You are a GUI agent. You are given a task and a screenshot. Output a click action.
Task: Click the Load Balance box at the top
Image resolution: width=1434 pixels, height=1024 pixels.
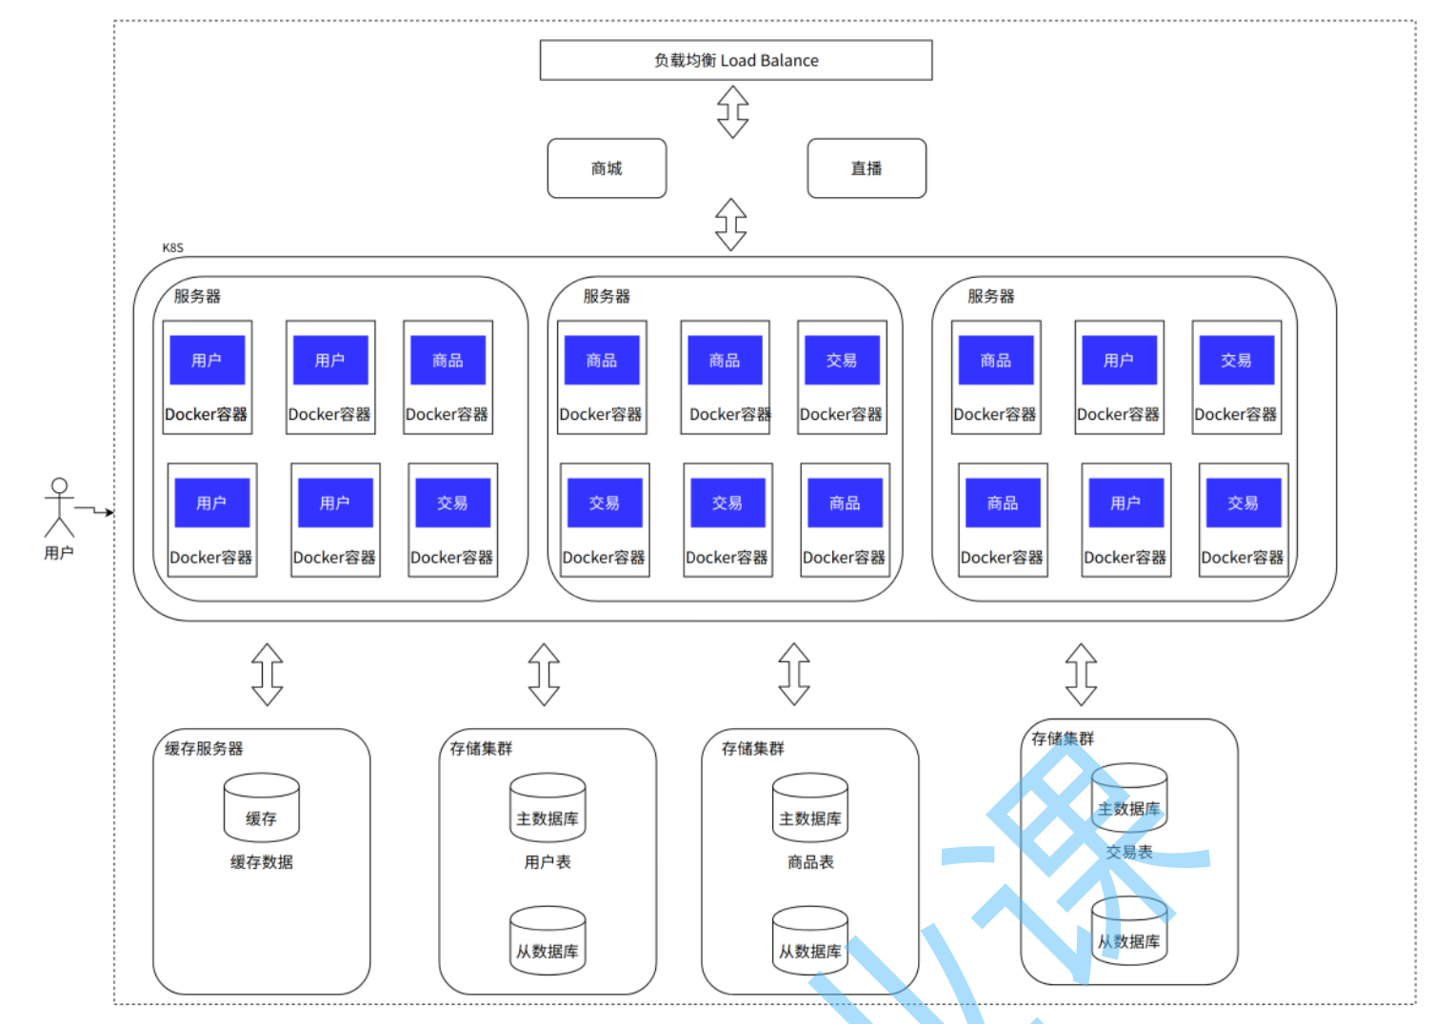point(735,60)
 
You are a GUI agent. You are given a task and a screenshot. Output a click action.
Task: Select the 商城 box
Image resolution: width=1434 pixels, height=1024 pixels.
point(607,168)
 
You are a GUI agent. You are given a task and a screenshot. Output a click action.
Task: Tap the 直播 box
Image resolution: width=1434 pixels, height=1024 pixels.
point(866,168)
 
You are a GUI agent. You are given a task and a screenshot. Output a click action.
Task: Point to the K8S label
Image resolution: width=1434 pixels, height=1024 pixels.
point(172,247)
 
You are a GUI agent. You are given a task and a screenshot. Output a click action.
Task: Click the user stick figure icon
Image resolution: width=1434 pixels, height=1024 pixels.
point(59,507)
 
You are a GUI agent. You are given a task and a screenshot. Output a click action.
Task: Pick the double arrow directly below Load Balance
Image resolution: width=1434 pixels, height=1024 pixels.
point(732,111)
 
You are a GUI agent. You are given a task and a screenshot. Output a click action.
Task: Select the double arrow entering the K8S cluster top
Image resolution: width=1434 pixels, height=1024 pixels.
point(730,225)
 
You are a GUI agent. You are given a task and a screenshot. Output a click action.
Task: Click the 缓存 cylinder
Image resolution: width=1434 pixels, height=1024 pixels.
point(261,808)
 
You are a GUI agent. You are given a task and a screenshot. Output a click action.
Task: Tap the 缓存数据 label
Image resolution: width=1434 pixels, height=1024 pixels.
point(261,862)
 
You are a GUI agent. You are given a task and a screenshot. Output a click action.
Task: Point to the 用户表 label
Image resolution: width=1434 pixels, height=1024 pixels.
point(548,862)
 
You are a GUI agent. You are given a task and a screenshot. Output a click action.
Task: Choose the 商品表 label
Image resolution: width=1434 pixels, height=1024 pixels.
point(810,862)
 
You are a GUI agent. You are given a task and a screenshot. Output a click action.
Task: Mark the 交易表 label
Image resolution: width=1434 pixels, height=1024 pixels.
point(1129,853)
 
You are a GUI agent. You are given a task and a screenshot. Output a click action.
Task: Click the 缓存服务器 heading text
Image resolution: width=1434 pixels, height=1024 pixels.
point(204,749)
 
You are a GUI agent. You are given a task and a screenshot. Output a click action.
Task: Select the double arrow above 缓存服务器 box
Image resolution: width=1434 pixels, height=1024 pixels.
point(268,675)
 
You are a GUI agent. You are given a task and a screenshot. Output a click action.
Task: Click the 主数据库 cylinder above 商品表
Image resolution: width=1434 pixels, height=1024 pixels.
point(810,808)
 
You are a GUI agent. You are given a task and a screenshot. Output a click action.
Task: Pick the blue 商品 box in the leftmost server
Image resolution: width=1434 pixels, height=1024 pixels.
point(448,360)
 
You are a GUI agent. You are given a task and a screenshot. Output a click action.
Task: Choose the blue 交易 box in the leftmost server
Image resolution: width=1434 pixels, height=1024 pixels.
point(452,502)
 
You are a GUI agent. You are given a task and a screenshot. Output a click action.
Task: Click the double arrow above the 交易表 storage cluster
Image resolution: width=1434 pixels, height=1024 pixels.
point(1081,675)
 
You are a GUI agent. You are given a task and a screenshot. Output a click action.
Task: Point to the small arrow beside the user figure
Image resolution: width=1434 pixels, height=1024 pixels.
point(95,511)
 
